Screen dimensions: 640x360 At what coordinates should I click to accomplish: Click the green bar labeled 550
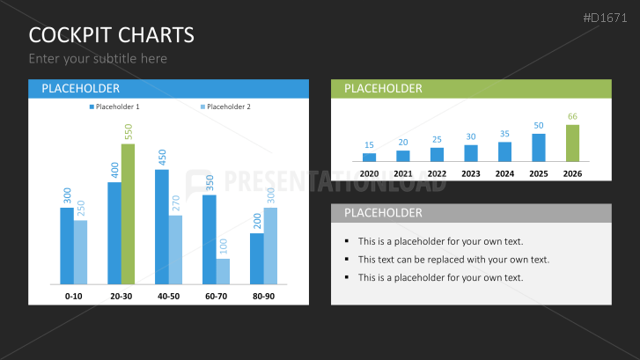click(x=128, y=214)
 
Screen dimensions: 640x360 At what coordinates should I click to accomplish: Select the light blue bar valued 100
click(x=223, y=271)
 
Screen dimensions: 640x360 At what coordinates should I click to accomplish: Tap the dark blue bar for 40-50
click(x=162, y=227)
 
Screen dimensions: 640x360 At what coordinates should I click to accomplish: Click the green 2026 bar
click(x=572, y=143)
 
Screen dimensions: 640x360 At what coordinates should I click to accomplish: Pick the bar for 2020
click(x=369, y=158)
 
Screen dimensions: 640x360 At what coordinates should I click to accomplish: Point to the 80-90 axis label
click(x=263, y=297)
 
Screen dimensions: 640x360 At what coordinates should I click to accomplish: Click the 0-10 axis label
click(x=73, y=297)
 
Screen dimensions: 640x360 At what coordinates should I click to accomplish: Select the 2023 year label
click(x=471, y=174)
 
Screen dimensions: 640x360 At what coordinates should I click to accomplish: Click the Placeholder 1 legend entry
click(x=114, y=107)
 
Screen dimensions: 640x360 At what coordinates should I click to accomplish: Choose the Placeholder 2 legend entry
click(x=225, y=107)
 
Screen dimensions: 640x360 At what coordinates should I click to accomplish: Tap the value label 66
click(x=572, y=117)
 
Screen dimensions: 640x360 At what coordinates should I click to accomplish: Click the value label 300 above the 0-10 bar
click(x=68, y=195)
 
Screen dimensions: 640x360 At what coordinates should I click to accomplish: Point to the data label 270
click(x=176, y=203)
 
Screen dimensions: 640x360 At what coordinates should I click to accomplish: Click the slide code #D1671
click(x=605, y=18)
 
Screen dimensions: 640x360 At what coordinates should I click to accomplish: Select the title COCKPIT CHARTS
click(x=112, y=35)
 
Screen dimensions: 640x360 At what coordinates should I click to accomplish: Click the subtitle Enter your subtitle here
click(x=98, y=59)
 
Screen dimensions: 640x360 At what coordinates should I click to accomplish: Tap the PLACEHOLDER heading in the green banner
click(x=383, y=89)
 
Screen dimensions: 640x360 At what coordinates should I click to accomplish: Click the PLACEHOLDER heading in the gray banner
click(x=383, y=213)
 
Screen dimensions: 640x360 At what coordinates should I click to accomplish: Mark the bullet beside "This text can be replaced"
click(x=347, y=259)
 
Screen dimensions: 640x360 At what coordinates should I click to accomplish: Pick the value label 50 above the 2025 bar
click(x=539, y=126)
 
